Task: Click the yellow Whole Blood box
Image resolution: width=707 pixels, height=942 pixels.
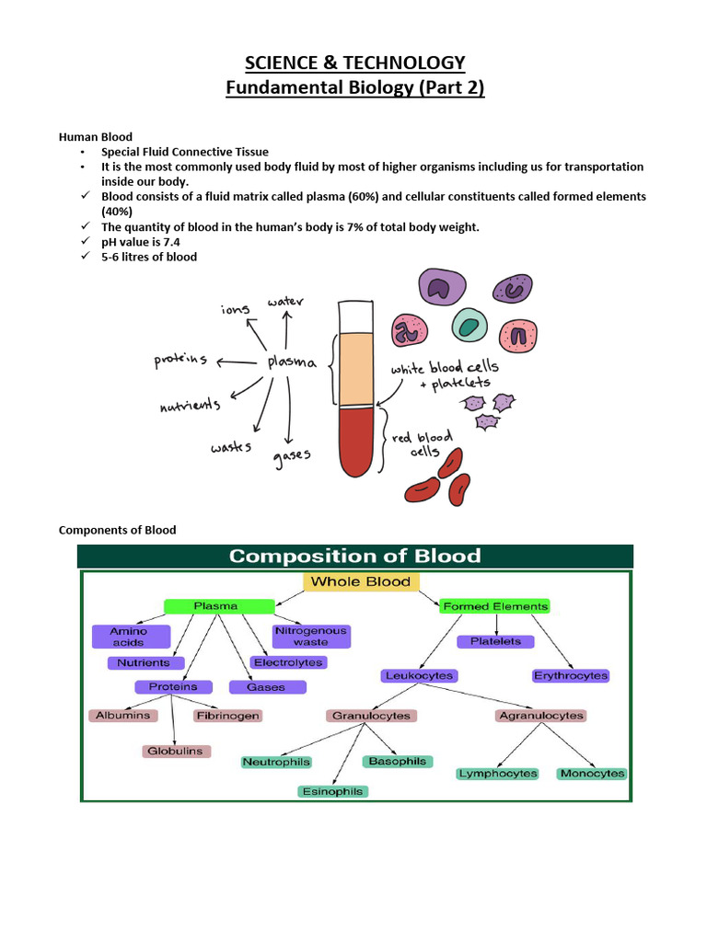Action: coord(361,581)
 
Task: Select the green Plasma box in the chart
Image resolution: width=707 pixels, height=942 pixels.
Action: coord(219,606)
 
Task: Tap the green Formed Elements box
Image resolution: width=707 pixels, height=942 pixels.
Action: coord(494,606)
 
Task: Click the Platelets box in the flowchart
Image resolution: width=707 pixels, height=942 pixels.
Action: coord(495,641)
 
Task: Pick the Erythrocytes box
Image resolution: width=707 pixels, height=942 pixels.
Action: coord(571,675)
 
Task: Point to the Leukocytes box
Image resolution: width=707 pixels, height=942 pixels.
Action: coord(418,675)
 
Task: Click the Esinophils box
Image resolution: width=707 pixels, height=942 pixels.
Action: coord(332,791)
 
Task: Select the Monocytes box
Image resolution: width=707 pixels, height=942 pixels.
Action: coord(592,774)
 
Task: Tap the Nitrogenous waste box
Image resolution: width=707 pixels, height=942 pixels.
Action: coord(310,636)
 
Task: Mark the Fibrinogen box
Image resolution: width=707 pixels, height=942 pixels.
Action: coord(227,715)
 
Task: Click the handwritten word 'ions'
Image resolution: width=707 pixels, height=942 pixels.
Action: coord(235,310)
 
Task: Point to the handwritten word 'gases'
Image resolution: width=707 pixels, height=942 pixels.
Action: coord(292,454)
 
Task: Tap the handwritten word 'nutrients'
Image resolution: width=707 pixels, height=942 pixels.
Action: coord(190,404)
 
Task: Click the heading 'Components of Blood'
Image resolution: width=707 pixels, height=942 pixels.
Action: coord(117,530)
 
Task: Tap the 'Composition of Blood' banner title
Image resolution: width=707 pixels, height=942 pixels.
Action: coord(354,556)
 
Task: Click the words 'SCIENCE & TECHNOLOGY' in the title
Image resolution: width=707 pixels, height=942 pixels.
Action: coord(354,63)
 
